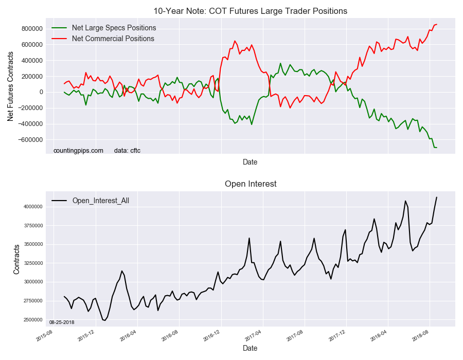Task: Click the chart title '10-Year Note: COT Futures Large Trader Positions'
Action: click(x=251, y=11)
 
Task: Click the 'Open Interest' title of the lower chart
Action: click(x=251, y=184)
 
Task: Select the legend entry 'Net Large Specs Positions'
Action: click(x=114, y=28)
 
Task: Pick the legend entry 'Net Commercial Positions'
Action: click(x=113, y=39)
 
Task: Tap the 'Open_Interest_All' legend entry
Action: click(x=100, y=201)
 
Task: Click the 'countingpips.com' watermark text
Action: click(x=78, y=151)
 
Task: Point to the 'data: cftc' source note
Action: click(x=127, y=151)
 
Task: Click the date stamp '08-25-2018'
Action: click(x=61, y=322)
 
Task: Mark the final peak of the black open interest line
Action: click(x=437, y=197)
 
